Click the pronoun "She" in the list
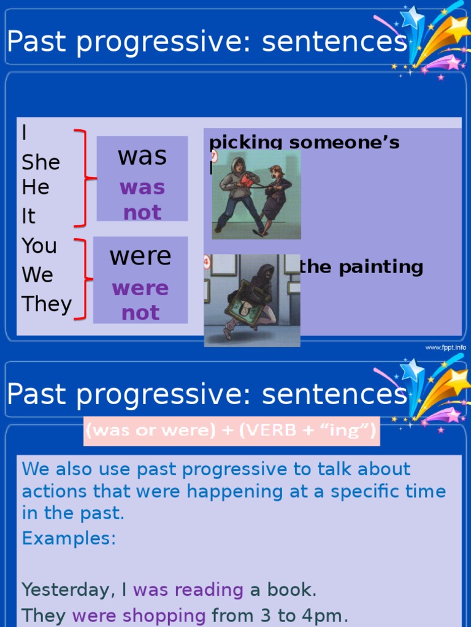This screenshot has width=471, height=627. (x=40, y=162)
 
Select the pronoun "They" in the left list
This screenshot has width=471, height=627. (x=47, y=304)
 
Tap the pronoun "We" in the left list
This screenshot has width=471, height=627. (x=37, y=275)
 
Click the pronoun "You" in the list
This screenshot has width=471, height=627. (x=39, y=246)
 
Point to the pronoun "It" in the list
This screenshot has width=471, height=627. (x=29, y=216)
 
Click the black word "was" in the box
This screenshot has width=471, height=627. (x=142, y=156)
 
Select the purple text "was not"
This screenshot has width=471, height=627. (x=142, y=200)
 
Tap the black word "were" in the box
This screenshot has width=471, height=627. (x=140, y=256)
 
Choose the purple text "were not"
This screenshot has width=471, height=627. (x=140, y=301)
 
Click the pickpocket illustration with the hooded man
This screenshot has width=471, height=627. (x=256, y=195)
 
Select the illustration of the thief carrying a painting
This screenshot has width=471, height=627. (x=252, y=300)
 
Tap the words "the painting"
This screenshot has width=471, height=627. (x=361, y=267)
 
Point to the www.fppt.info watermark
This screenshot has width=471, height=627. (x=445, y=347)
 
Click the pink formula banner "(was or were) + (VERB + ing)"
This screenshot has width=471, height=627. (x=231, y=431)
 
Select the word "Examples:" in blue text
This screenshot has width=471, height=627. (x=69, y=538)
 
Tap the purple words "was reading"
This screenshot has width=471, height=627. (x=188, y=590)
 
